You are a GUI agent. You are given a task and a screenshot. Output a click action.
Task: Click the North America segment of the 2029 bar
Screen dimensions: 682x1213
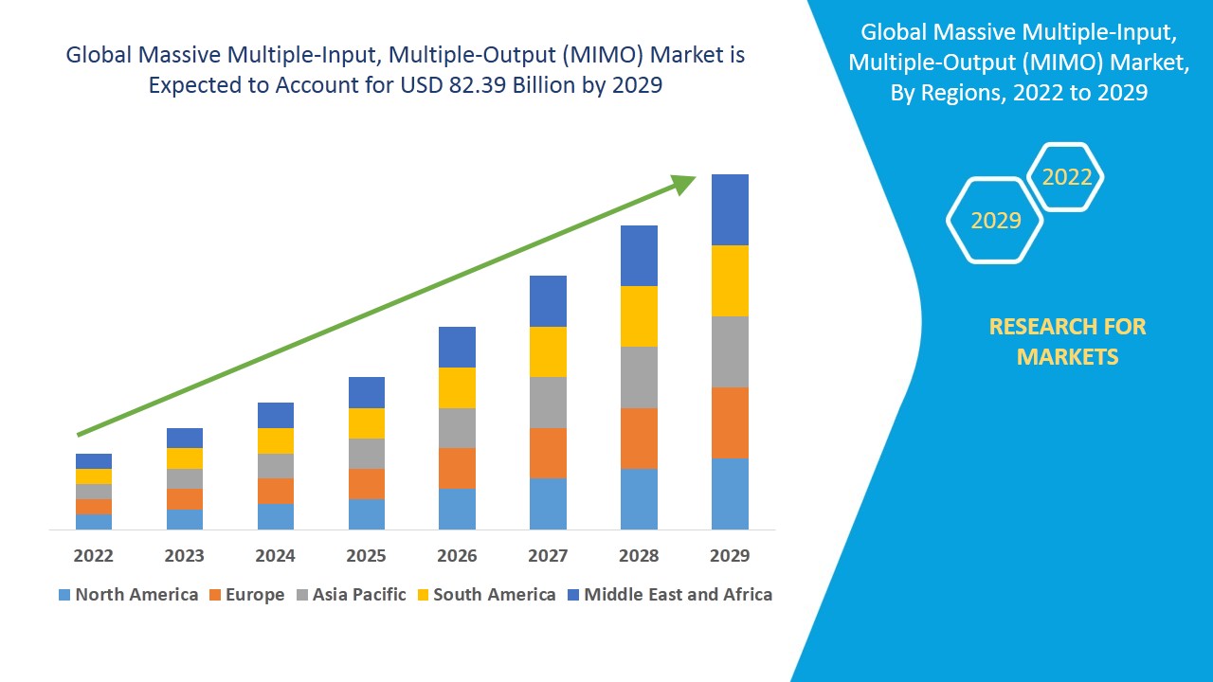pyautogui.click(x=730, y=494)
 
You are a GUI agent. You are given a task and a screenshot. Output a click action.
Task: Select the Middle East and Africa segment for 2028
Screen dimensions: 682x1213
pyautogui.click(x=639, y=256)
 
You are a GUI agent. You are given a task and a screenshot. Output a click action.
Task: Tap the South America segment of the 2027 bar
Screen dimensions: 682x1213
pyautogui.click(x=548, y=351)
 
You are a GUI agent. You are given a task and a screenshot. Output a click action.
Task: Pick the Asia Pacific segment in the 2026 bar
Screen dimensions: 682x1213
pyautogui.click(x=457, y=428)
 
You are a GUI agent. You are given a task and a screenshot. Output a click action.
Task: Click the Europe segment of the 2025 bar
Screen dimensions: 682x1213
pyautogui.click(x=367, y=484)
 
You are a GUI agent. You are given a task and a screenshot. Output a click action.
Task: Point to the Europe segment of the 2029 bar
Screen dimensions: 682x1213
pyautogui.click(x=730, y=422)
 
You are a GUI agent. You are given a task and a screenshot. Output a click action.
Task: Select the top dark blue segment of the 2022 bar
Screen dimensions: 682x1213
pyautogui.click(x=94, y=461)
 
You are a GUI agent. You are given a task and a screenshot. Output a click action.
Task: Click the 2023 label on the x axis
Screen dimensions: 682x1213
pyautogui.click(x=184, y=555)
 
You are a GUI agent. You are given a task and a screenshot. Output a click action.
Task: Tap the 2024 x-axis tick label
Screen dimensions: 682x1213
pyautogui.click(x=275, y=555)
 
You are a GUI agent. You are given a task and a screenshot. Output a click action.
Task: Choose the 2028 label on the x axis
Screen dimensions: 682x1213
pyautogui.click(x=639, y=555)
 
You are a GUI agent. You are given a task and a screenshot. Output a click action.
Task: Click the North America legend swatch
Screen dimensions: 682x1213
pyautogui.click(x=64, y=595)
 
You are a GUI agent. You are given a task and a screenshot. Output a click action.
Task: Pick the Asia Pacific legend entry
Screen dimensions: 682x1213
pyautogui.click(x=351, y=595)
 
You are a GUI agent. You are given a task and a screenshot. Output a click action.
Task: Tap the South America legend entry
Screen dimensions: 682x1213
pyautogui.click(x=484, y=595)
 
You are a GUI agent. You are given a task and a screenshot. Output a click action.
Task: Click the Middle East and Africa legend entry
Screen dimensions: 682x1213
pyautogui.click(x=669, y=595)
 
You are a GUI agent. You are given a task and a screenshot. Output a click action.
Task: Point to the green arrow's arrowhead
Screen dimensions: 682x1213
pyautogui.click(x=684, y=184)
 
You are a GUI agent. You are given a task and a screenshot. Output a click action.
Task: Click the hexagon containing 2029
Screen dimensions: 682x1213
pyautogui.click(x=995, y=221)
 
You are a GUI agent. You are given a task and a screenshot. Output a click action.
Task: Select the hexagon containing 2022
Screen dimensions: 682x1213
pyautogui.click(x=1066, y=177)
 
